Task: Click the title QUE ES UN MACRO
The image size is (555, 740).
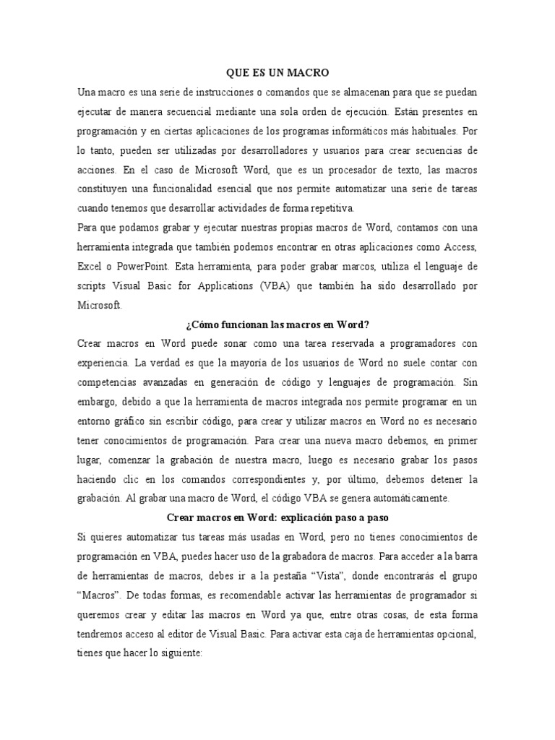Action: [277, 72]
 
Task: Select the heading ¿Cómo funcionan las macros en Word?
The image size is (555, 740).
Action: [277, 324]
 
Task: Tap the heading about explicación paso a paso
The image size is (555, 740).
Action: [277, 518]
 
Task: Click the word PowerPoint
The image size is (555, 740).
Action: [144, 267]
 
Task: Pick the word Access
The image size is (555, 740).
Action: [457, 247]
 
